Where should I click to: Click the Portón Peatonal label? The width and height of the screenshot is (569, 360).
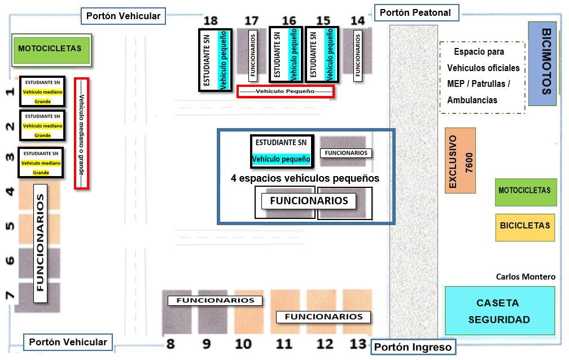[x=415, y=12]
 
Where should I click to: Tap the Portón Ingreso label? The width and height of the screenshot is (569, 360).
[x=413, y=347]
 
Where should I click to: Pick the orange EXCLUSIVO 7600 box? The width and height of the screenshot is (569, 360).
[x=460, y=160]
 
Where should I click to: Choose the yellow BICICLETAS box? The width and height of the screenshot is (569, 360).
[x=525, y=226]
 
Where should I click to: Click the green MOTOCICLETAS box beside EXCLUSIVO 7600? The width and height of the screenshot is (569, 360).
[x=525, y=191]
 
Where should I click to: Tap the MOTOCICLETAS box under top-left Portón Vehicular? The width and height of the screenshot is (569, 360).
[x=49, y=49]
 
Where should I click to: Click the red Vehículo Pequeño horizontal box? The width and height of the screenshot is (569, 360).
[x=285, y=91]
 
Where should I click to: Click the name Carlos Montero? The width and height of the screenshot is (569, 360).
[x=525, y=277]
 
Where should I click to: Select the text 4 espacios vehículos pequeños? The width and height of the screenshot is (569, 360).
[x=305, y=178]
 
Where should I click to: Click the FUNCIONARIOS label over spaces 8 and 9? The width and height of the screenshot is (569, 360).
[x=215, y=301]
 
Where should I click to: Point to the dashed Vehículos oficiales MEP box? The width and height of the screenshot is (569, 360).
[x=483, y=77]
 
